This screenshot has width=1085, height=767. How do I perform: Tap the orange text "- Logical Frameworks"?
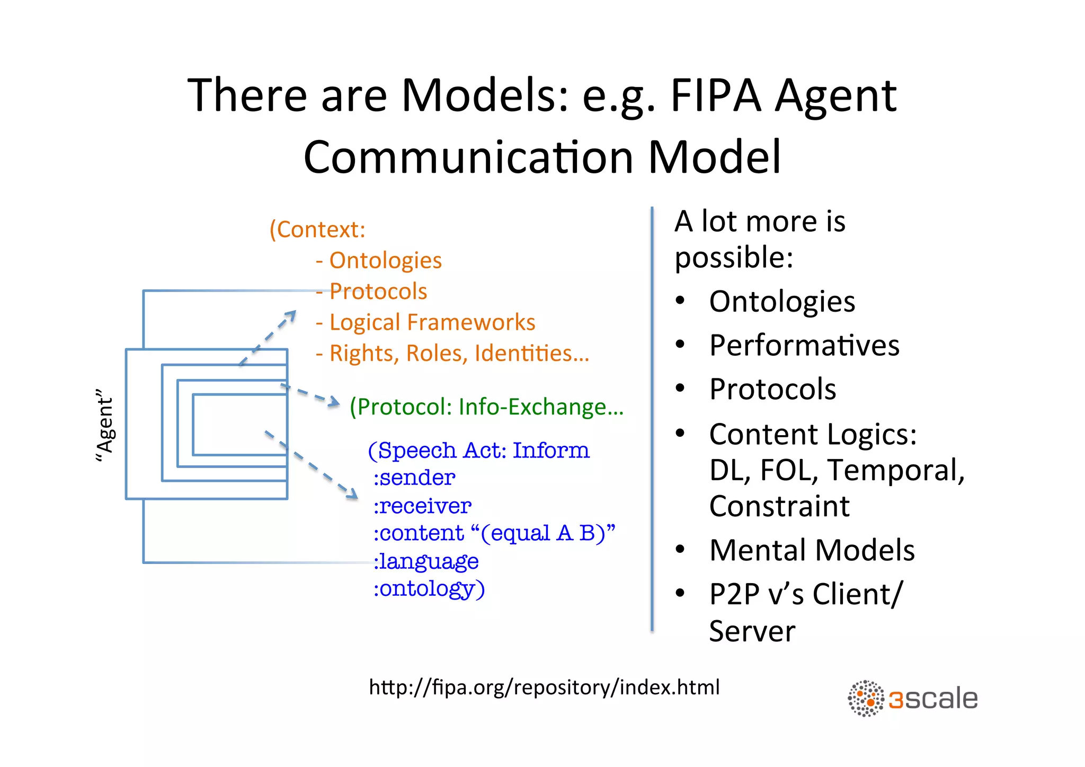425,322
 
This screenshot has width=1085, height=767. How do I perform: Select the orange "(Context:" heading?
317,230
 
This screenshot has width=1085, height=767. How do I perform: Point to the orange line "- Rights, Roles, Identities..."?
453,354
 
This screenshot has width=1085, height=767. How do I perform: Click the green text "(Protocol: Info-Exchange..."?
486,407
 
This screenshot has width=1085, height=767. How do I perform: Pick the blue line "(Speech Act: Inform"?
478,451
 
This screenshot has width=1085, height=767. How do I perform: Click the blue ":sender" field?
414,478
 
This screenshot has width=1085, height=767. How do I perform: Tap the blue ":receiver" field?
422,506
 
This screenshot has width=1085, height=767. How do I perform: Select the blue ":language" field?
426,561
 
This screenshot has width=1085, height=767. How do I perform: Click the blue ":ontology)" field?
429,589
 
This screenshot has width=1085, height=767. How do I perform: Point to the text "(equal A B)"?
543,533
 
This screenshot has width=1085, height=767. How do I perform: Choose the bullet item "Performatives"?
804,346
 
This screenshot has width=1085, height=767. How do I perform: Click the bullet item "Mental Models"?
812,550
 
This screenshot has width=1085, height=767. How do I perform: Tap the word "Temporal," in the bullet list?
896,470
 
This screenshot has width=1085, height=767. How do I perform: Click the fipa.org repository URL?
544,687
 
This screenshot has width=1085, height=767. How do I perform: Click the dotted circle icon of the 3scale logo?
866,699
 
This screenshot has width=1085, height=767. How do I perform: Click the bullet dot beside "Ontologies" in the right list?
680,301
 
